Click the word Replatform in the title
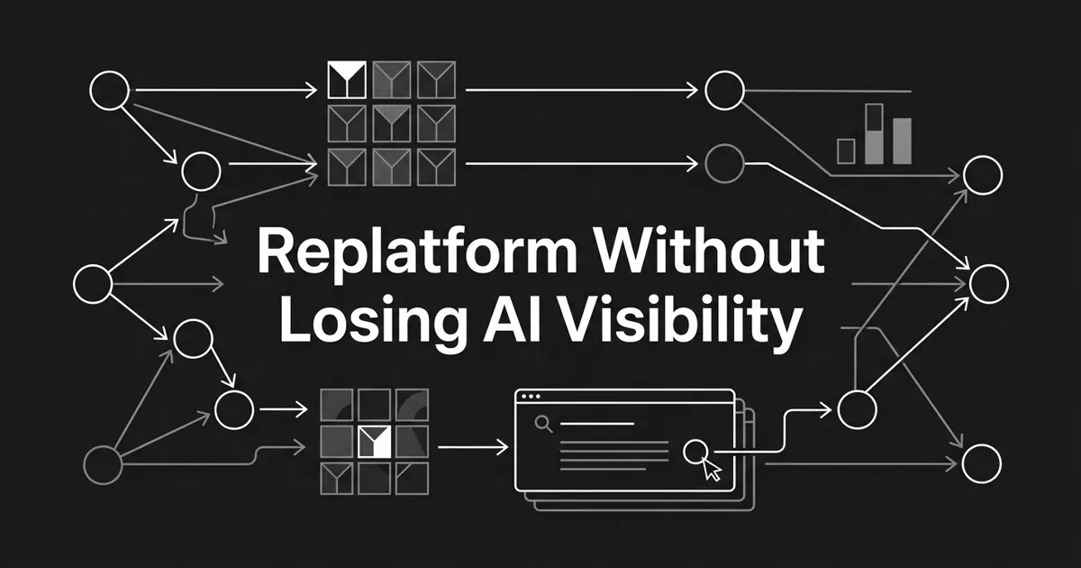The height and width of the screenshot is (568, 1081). coord(417,252)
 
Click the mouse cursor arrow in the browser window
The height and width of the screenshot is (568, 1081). coord(712,470)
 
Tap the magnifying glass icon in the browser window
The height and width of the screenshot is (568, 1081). coord(543,424)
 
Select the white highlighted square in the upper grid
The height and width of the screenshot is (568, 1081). coord(347,79)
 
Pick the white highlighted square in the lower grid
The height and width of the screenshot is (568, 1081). coord(374,442)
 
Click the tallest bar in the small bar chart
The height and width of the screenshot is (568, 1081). coord(875,133)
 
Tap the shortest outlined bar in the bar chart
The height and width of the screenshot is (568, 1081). coord(846,151)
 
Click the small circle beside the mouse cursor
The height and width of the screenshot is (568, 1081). coord(695,452)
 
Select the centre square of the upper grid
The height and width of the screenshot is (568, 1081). coord(391,124)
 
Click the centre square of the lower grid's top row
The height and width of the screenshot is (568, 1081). coord(374,405)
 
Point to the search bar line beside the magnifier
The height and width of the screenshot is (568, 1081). coord(597,424)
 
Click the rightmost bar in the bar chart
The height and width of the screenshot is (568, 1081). coord(902,141)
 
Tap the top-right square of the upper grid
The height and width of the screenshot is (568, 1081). coord(436,79)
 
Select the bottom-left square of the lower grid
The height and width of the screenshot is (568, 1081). coord(336,479)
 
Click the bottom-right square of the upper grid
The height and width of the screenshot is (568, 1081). coord(436,167)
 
